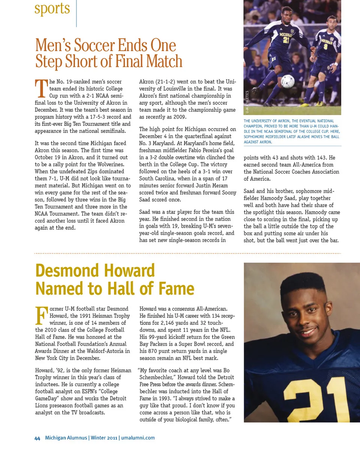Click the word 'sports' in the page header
52,9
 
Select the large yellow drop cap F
41,315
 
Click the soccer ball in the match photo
288,81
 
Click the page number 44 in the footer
37,438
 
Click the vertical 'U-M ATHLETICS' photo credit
247,102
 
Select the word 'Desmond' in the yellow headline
67,271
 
